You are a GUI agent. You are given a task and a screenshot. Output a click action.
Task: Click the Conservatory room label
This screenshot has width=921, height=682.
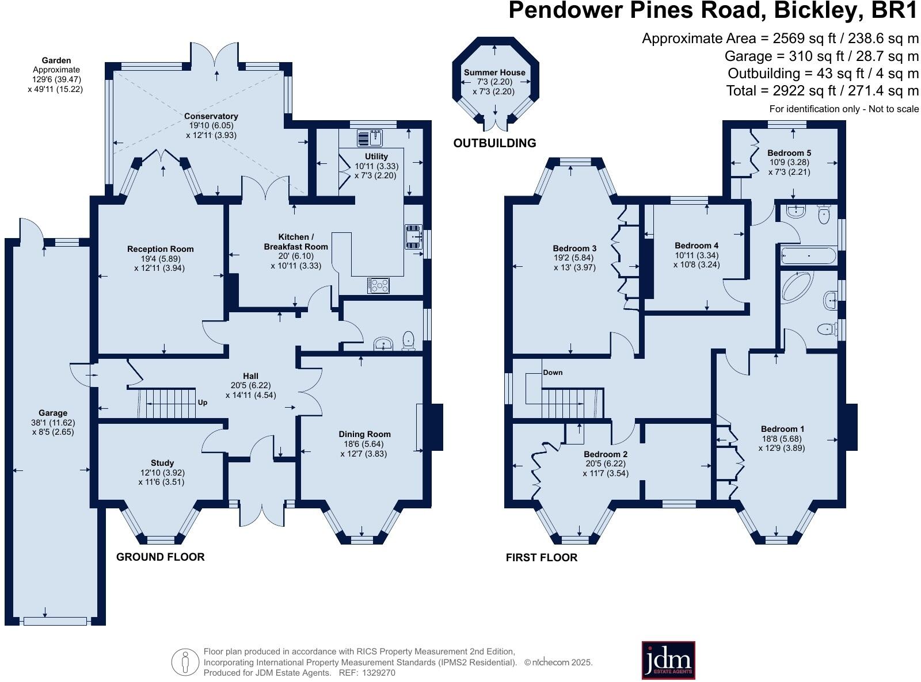(211, 116)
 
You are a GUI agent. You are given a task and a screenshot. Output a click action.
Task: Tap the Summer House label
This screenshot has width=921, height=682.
(494, 72)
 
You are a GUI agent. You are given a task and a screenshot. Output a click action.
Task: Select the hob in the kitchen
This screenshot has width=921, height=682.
(378, 285)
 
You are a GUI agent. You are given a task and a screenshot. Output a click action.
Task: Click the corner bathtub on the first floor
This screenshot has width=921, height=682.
(798, 287)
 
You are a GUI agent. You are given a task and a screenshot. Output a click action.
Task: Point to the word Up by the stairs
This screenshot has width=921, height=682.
(202, 403)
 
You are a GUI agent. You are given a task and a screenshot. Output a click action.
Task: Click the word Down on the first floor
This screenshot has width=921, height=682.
(553, 373)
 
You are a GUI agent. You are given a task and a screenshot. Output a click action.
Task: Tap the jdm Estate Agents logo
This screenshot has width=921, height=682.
(668, 660)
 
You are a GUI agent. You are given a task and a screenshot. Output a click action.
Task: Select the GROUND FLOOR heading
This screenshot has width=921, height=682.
(160, 557)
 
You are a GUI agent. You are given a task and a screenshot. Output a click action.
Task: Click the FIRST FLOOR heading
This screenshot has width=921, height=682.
(542, 557)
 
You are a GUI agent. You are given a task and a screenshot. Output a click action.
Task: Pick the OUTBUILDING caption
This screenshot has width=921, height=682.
(494, 143)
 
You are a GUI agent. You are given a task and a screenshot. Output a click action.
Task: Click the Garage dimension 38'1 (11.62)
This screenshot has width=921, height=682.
(53, 423)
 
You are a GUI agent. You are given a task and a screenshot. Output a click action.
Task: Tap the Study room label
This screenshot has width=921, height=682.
(162, 463)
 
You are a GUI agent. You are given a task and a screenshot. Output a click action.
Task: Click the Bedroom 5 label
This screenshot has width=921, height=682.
(789, 152)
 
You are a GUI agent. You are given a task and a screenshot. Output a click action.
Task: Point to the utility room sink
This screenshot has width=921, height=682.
(370, 138)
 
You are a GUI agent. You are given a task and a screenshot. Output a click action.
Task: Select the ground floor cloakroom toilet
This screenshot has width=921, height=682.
(409, 340)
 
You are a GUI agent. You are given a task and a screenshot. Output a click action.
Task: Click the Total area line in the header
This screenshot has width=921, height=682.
(822, 90)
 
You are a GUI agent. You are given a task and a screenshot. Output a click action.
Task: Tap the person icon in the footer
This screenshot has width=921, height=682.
(185, 662)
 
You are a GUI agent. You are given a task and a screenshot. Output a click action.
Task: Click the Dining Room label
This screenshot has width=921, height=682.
(364, 434)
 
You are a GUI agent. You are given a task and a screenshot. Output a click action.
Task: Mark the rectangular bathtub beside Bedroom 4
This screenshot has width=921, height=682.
(809, 256)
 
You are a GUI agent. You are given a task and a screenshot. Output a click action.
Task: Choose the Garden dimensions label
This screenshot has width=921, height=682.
(56, 75)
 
